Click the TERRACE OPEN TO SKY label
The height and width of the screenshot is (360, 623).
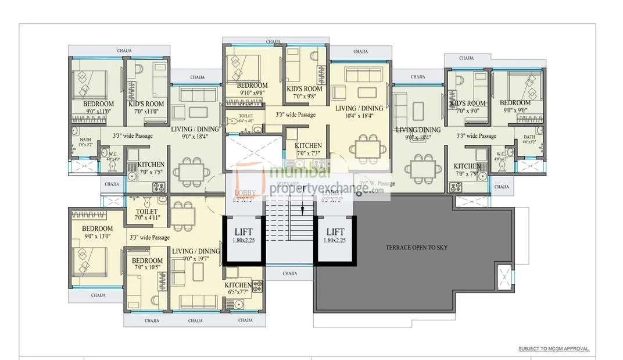point(416,247)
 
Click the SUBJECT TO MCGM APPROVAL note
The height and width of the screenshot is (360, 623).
point(553,349)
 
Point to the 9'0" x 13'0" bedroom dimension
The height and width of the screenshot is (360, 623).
point(97,236)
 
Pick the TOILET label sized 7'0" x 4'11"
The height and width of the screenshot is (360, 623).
point(146,215)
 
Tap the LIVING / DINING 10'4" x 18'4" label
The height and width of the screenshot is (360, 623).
point(359,112)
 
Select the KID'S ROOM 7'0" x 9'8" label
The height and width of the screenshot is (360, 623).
point(305,92)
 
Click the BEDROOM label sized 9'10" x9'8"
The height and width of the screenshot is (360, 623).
point(252,88)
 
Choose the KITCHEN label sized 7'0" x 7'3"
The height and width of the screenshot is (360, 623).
point(308,149)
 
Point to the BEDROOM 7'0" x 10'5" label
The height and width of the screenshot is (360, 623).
point(147,264)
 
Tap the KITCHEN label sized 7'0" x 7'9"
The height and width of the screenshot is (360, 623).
point(468,169)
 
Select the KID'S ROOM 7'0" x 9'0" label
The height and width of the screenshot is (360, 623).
point(467,106)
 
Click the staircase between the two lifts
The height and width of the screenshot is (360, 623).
point(291,233)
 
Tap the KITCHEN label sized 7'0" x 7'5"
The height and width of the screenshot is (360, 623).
point(151,168)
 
